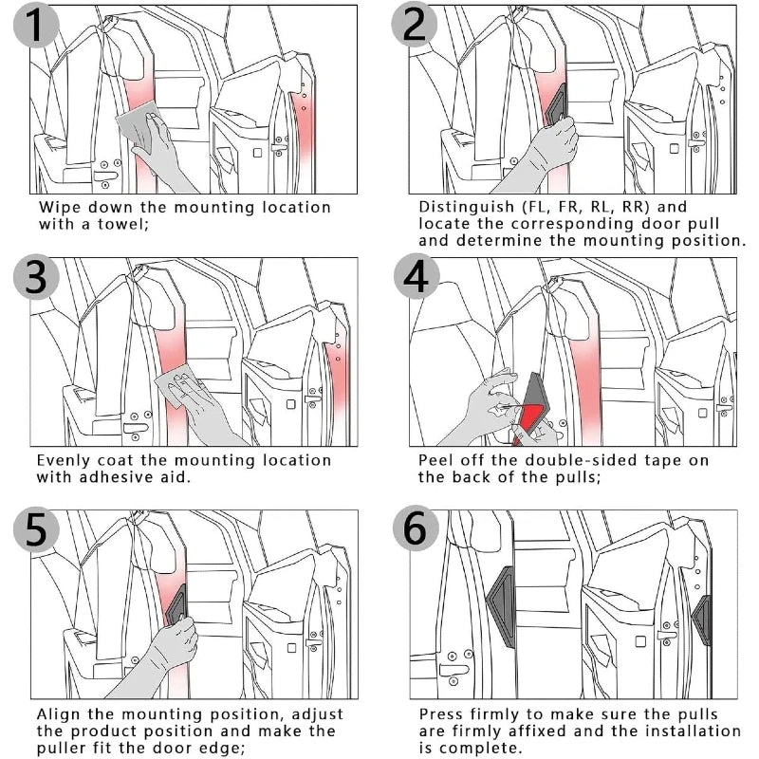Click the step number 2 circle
coord(415,28)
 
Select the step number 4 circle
coord(415,279)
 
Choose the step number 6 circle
coord(415,531)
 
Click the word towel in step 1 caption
coord(121,225)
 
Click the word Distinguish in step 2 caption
coord(464,207)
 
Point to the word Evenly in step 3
coord(63,460)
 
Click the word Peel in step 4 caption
coord(435,460)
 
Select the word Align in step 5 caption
coord(60,713)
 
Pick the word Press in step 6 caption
coord(440,713)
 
